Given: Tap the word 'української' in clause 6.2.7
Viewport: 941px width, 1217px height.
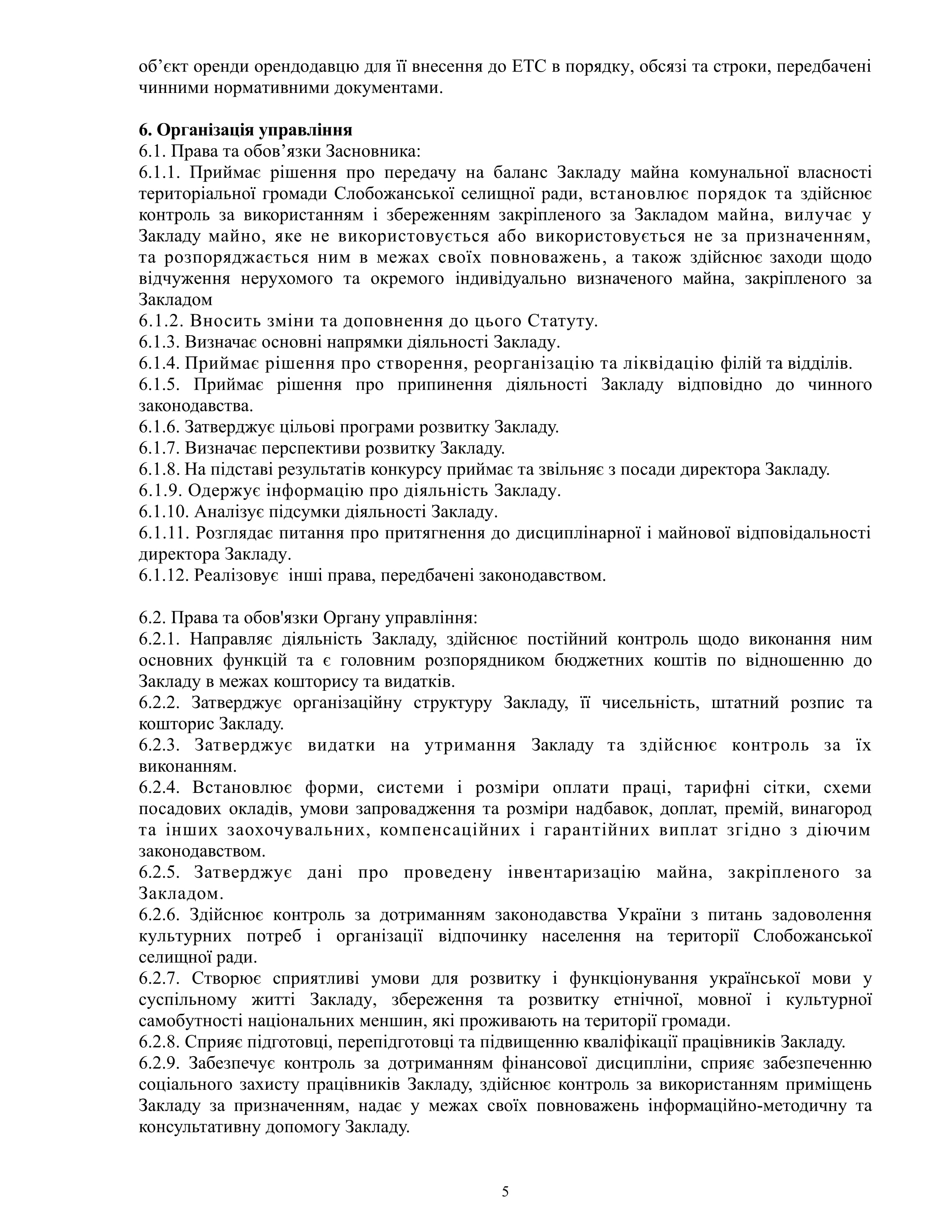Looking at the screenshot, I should pyautogui.click(x=755, y=978).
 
